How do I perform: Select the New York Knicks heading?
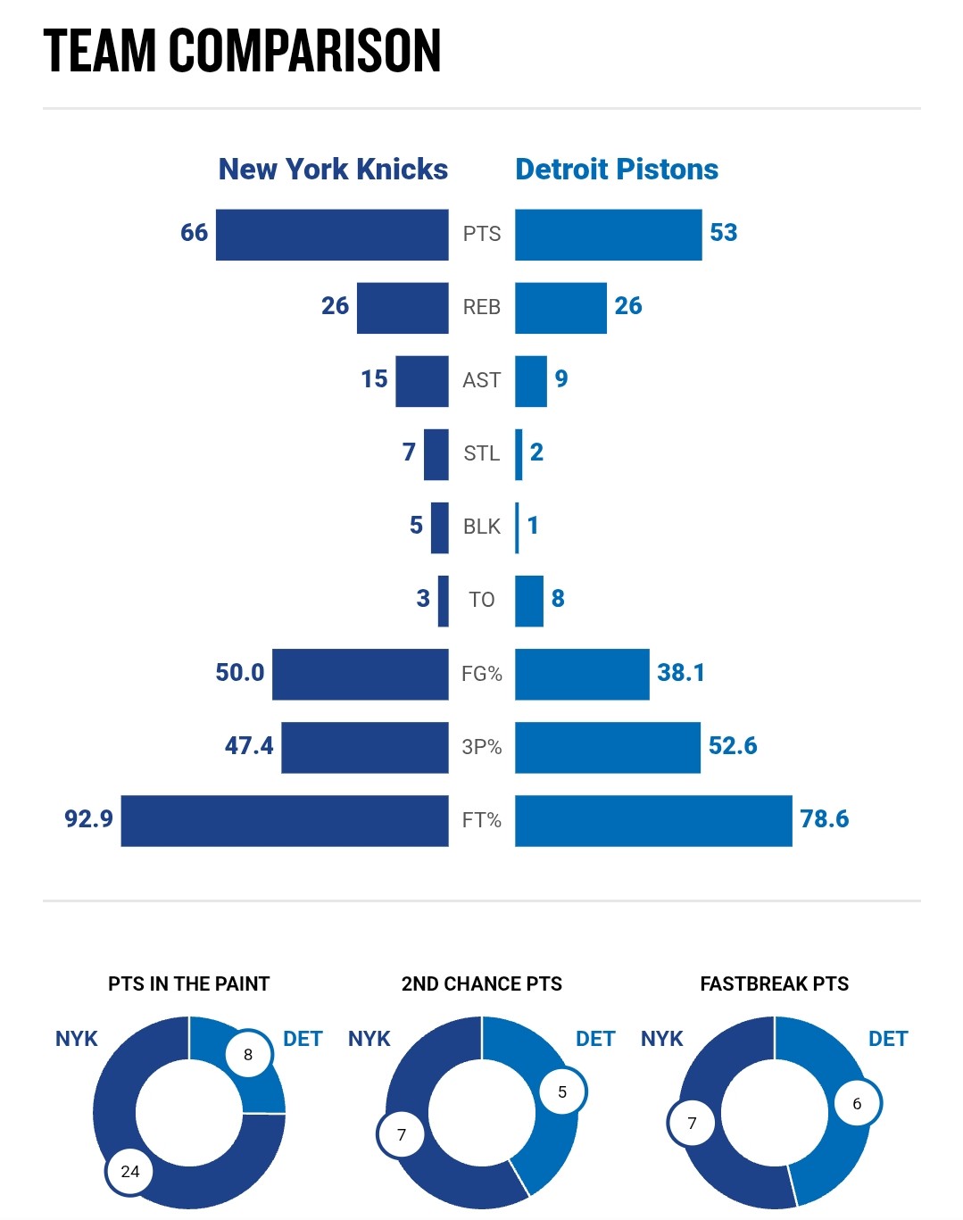point(333,169)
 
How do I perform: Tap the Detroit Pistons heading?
point(617,169)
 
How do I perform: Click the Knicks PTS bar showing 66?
point(332,235)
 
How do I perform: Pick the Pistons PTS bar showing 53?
point(608,235)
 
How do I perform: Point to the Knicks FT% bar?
point(285,820)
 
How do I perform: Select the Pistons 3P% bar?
point(607,747)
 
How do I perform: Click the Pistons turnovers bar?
point(529,601)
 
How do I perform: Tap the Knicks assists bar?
point(421,381)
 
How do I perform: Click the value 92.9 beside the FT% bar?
point(88,818)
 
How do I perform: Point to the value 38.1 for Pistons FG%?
point(681,672)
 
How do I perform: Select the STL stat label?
point(482,453)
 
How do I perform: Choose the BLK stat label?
point(482,527)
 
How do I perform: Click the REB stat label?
point(482,307)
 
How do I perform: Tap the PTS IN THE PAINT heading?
point(188,983)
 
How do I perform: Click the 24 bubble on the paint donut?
point(130,1171)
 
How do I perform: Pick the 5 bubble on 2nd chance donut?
point(562,1091)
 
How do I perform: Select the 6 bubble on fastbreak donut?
point(857,1104)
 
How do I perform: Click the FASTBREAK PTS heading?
point(774,983)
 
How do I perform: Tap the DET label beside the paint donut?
point(303,1039)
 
